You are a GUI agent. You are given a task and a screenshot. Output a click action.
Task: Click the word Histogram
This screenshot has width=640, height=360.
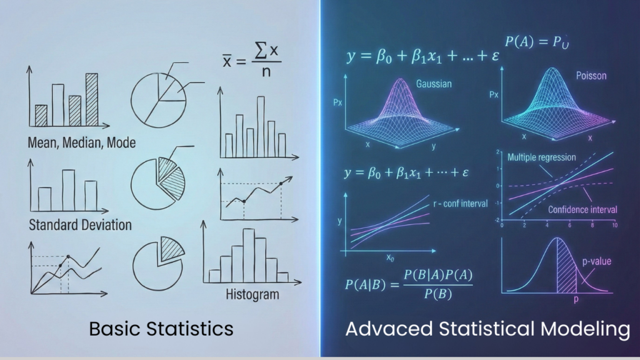[252, 293]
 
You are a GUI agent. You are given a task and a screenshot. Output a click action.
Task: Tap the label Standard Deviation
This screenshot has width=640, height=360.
[80, 224]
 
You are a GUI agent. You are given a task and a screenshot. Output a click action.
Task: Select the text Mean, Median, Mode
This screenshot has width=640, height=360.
[81, 142]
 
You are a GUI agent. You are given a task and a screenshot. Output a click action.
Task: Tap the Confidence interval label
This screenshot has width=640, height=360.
[582, 209]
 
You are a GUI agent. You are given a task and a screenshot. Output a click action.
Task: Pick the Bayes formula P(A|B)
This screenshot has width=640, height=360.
[409, 284]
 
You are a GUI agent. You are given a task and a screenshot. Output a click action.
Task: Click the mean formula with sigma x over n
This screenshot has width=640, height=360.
[252, 61]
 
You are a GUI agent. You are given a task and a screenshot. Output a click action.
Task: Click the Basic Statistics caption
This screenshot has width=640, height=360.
[161, 328]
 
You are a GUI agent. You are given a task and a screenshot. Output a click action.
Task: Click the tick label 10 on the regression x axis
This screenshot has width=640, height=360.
[614, 224]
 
